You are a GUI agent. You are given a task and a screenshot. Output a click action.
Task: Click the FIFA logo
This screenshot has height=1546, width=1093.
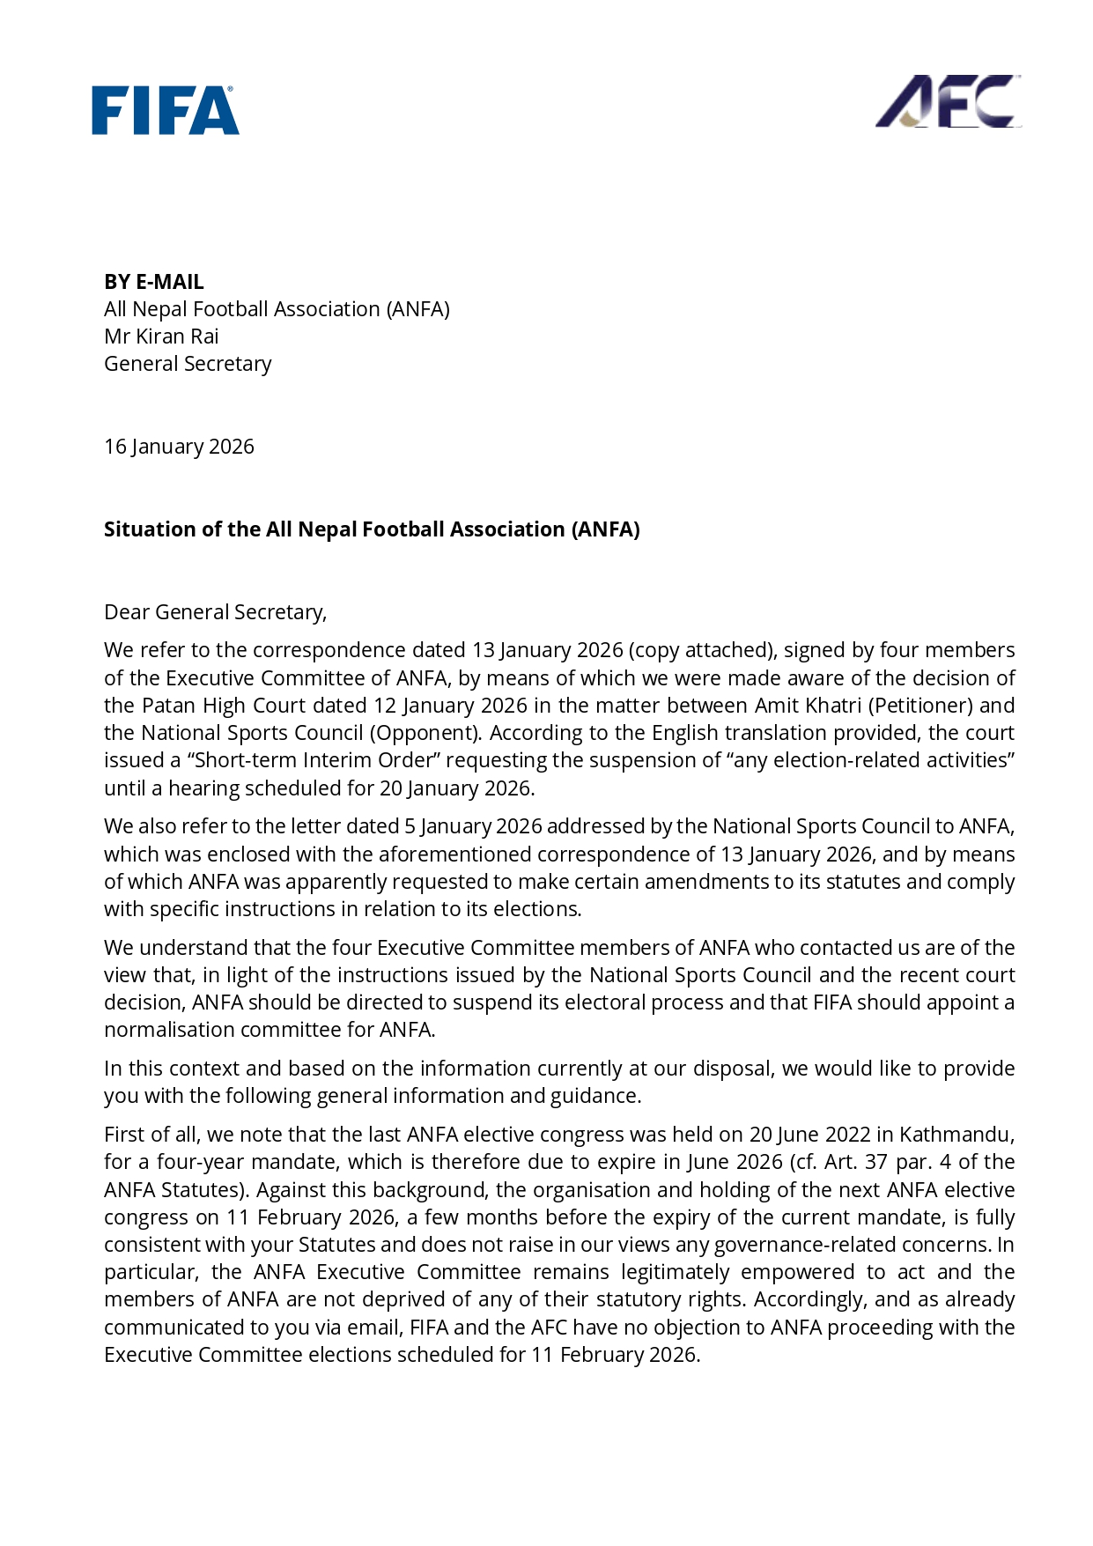coord(166,110)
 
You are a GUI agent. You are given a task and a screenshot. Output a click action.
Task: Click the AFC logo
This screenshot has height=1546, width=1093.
coord(948,101)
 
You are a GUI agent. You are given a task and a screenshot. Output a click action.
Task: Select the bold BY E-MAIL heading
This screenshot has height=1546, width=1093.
coord(154,282)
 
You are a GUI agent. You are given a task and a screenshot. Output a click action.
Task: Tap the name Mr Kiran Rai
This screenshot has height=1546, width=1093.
coord(161,337)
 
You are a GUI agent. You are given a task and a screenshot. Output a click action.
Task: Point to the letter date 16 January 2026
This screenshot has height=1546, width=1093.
coord(179,447)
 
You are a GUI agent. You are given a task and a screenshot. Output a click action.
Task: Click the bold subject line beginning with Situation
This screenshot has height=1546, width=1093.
coord(372,529)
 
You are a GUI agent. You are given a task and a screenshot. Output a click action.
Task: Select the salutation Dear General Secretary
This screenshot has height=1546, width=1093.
coord(215,612)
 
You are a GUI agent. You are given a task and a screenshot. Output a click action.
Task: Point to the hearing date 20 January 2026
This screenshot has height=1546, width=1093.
coord(455,788)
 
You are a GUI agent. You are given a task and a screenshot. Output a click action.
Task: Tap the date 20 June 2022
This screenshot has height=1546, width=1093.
coord(804,1135)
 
